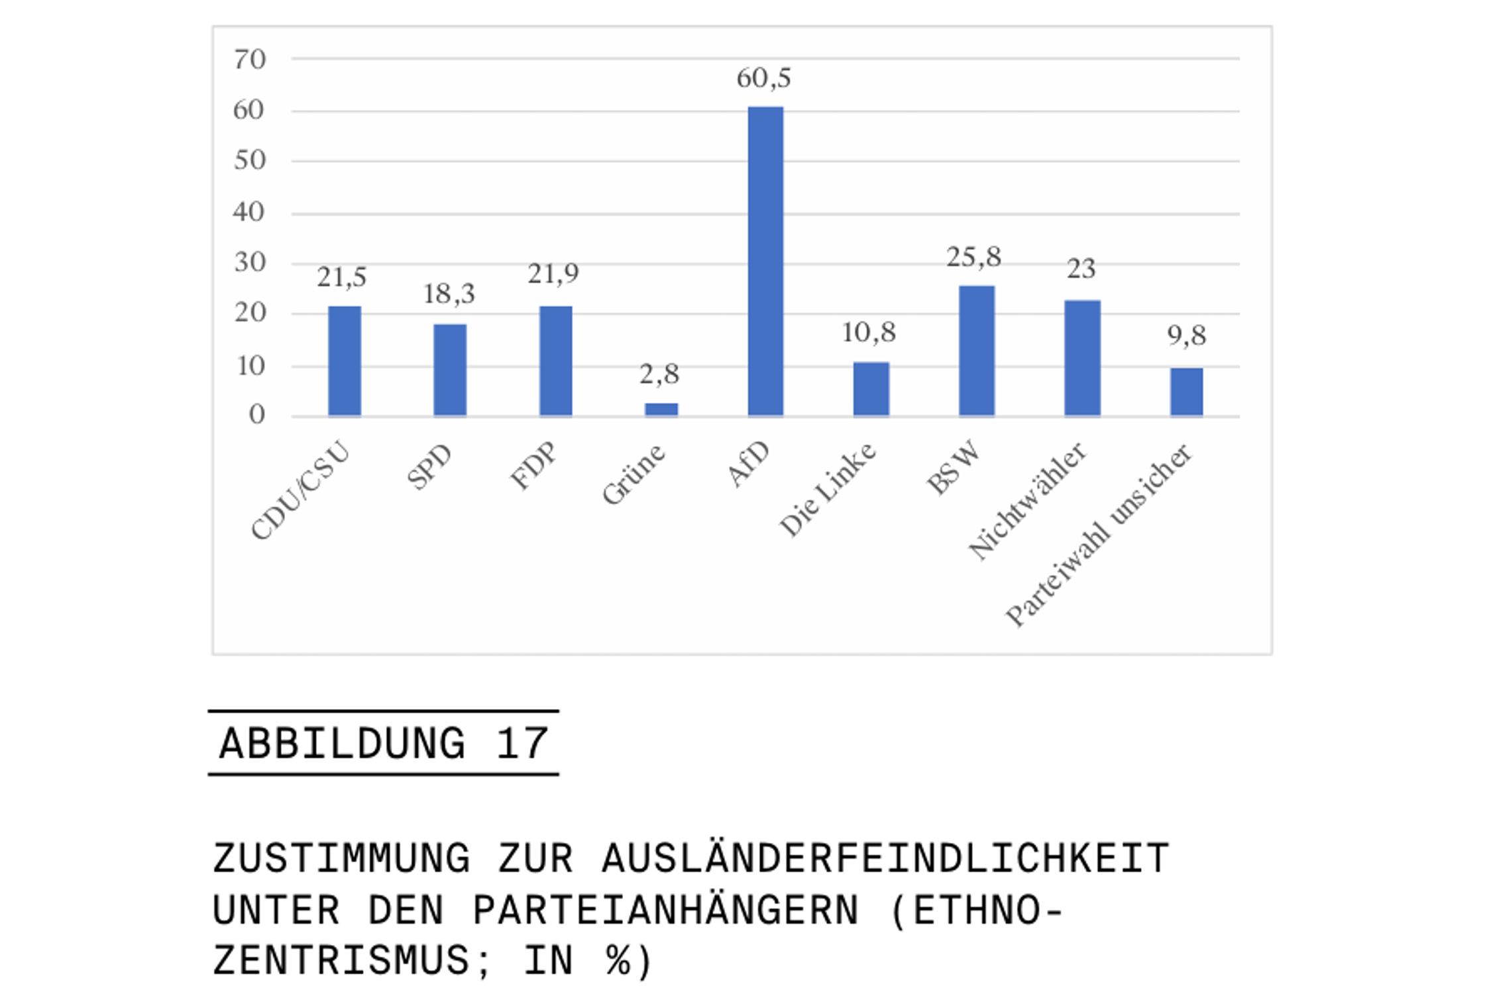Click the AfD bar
pyautogui.click(x=765, y=261)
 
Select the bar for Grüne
pyautogui.click(x=661, y=409)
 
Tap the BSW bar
pyautogui.click(x=976, y=351)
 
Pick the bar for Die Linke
pyautogui.click(x=871, y=389)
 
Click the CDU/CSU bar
pyautogui.click(x=345, y=361)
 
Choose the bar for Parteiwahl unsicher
pyautogui.click(x=1186, y=392)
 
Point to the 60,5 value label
pyautogui.click(x=763, y=78)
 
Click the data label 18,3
pyautogui.click(x=449, y=294)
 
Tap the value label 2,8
pyautogui.click(x=659, y=375)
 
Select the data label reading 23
pyautogui.click(x=1081, y=269)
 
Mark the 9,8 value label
pyautogui.click(x=1186, y=336)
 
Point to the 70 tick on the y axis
pyautogui.click(x=250, y=60)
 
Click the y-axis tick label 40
pyautogui.click(x=249, y=212)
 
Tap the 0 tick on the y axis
pyautogui.click(x=257, y=415)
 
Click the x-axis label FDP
pyautogui.click(x=534, y=465)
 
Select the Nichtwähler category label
pyautogui.click(x=1027, y=501)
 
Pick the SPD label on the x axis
pyautogui.click(x=429, y=467)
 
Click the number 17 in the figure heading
pyautogui.click(x=522, y=744)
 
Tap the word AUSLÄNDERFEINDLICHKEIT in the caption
pyautogui.click(x=886, y=859)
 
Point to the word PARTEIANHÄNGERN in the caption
pyautogui.click(x=665, y=911)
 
